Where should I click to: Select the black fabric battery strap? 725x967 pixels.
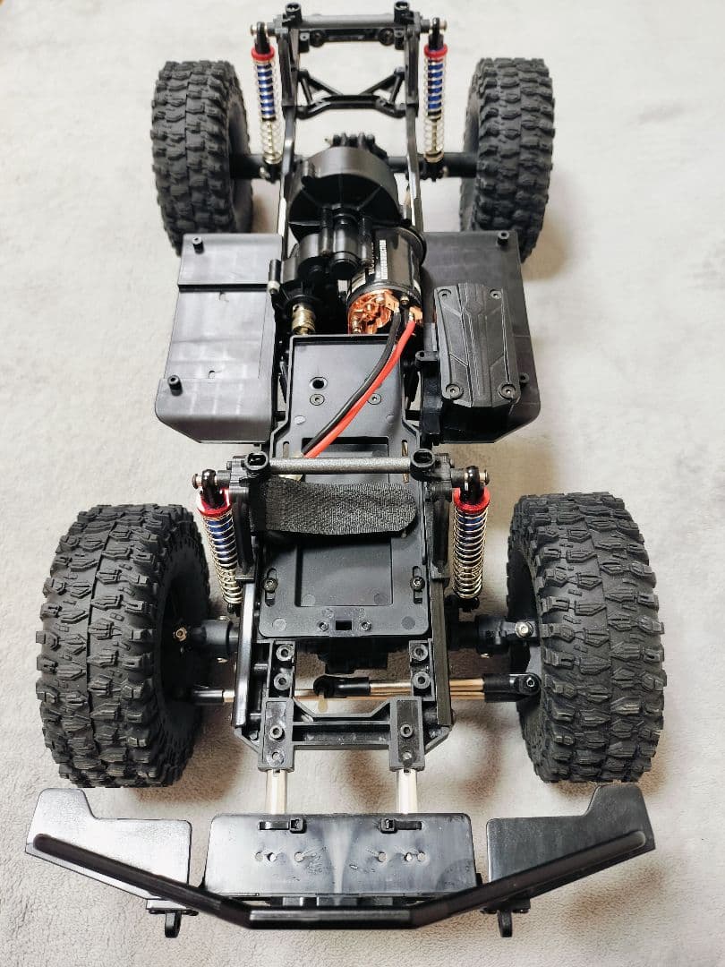point(336,506)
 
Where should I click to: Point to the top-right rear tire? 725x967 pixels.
point(507,152)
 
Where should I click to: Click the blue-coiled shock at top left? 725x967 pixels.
point(266,98)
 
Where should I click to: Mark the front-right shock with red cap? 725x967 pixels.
point(469,542)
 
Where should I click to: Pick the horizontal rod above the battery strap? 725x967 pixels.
point(340,465)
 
